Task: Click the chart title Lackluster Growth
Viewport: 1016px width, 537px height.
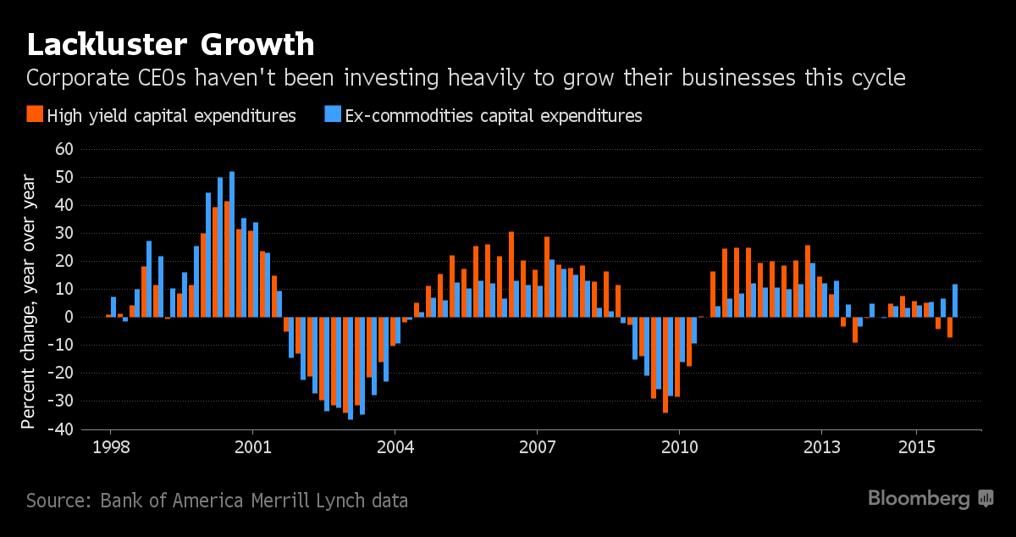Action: click(x=170, y=44)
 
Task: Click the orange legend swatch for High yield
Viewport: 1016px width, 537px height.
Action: click(x=35, y=115)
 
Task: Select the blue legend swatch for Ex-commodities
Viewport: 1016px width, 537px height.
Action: click(x=332, y=115)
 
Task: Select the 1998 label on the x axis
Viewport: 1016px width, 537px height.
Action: click(x=110, y=446)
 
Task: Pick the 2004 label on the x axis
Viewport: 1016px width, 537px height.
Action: click(x=395, y=446)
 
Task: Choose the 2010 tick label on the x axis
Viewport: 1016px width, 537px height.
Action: click(x=680, y=446)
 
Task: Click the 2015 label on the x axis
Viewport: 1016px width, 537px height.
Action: click(x=917, y=446)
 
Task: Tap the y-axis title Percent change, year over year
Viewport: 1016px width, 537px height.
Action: click(x=29, y=301)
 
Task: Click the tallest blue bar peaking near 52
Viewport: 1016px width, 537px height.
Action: click(x=232, y=244)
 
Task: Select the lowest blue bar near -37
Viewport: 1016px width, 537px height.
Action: click(x=351, y=368)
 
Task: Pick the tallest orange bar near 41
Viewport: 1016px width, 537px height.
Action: click(x=227, y=258)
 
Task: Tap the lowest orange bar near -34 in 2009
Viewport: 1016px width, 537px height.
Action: click(x=665, y=364)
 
